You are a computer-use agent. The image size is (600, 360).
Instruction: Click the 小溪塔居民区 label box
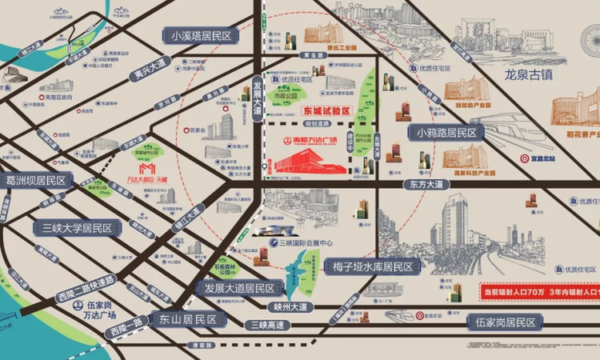200,35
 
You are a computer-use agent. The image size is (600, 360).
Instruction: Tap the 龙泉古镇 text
534,77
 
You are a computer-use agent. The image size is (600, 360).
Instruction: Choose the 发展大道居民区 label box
239,288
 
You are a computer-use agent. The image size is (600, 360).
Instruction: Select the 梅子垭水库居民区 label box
373,266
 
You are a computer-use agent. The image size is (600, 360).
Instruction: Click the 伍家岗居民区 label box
503,322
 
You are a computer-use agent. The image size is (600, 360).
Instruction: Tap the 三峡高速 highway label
266,324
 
